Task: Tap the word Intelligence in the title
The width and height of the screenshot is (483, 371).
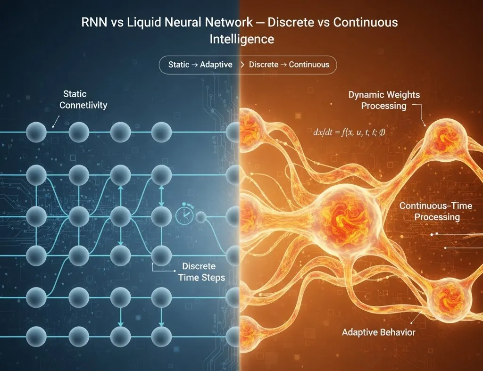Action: (242, 40)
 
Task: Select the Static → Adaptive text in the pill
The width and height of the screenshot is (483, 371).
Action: (200, 65)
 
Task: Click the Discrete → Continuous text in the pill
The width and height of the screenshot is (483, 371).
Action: (289, 65)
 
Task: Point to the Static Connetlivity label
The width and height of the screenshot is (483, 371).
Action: (83, 99)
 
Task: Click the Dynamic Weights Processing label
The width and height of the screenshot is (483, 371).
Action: (384, 100)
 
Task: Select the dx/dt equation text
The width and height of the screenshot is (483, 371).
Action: (349, 132)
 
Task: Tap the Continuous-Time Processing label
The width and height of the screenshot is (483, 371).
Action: (436, 211)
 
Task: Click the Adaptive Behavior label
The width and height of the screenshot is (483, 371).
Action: (379, 332)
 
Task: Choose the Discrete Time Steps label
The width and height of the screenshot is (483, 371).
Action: (201, 272)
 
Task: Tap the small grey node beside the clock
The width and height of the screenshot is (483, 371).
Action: (201, 217)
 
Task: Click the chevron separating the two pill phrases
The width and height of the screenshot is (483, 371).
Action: (242, 65)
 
